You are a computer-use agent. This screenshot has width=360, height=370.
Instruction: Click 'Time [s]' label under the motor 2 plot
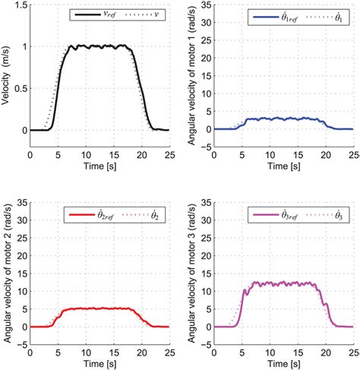pos(99,360)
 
